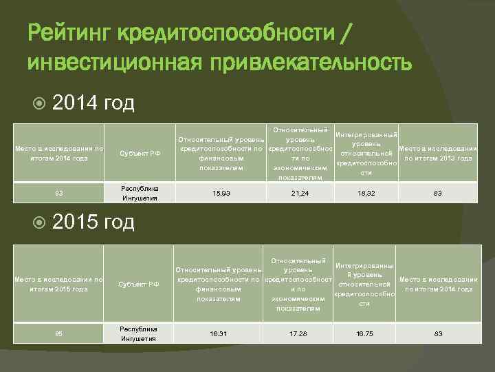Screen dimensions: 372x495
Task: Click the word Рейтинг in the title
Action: [69, 31]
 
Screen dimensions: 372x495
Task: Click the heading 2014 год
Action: [93, 103]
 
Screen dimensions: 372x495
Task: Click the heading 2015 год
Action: [93, 222]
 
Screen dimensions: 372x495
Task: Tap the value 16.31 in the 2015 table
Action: [219, 333]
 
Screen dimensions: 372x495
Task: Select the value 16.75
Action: [364, 333]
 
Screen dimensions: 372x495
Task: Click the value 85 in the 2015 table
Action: [58, 334]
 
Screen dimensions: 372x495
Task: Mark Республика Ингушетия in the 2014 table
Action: [140, 193]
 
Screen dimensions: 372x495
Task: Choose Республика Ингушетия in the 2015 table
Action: [140, 333]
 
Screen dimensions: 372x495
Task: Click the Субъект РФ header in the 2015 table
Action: [140, 285]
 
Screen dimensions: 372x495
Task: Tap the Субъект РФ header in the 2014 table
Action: [140, 153]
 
